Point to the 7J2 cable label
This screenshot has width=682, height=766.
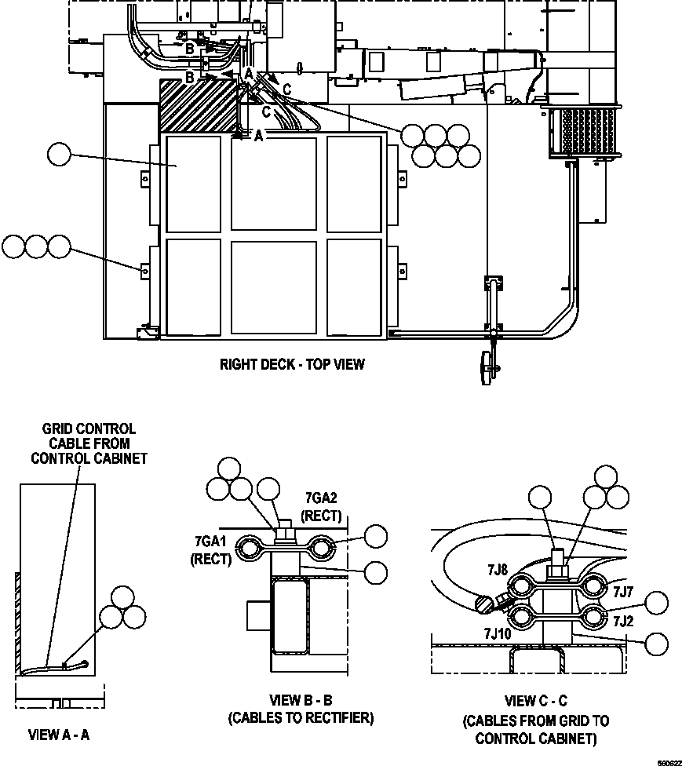[x=623, y=621]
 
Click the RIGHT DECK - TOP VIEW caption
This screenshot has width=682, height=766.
[x=292, y=364]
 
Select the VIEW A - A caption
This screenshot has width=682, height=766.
[x=59, y=735]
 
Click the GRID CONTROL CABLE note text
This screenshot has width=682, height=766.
[x=89, y=443]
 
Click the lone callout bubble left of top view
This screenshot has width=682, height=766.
[x=59, y=155]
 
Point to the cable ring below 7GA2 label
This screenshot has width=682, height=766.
[x=321, y=545]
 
